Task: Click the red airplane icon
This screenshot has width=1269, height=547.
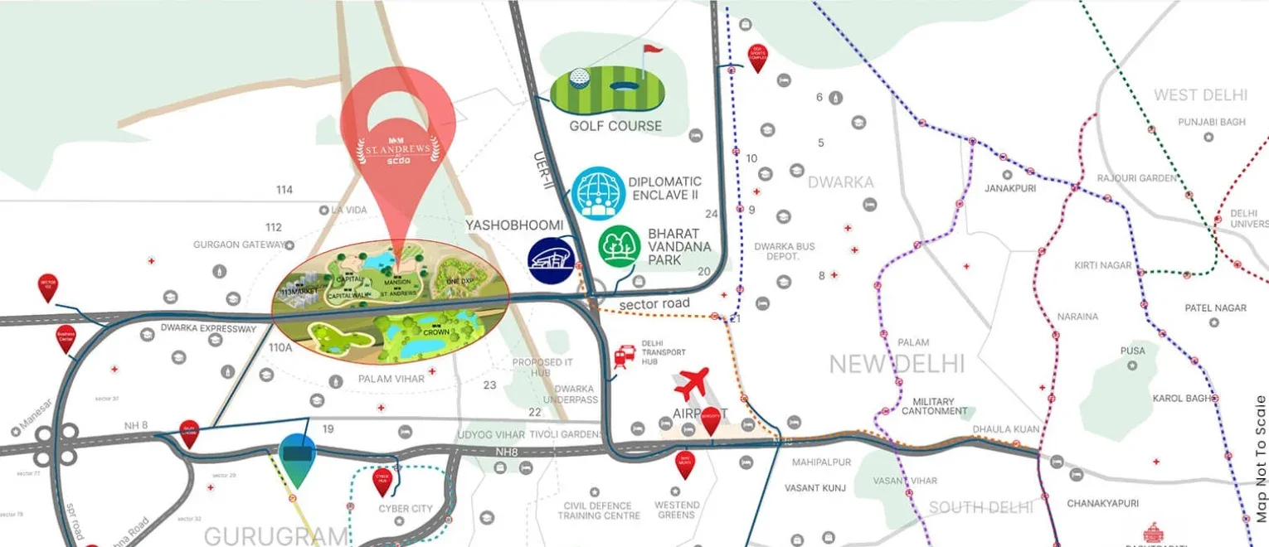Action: click(x=692, y=384)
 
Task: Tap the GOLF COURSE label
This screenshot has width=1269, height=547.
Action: click(x=615, y=126)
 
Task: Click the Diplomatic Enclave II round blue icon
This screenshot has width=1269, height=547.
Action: click(x=597, y=193)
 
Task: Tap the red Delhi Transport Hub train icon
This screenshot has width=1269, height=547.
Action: click(x=624, y=357)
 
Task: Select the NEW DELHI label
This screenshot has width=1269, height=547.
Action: click(x=897, y=364)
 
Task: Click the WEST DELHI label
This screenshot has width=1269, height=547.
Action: click(x=1199, y=95)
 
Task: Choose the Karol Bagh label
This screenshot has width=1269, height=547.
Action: click(x=1182, y=399)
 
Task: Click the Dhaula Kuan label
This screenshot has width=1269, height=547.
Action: click(x=1005, y=429)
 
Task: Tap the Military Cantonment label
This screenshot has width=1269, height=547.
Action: click(x=934, y=406)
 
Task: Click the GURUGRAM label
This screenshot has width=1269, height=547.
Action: click(x=276, y=535)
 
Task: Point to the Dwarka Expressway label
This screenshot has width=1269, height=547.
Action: click(x=209, y=329)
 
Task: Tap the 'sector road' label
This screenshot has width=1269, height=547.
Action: click(x=654, y=304)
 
